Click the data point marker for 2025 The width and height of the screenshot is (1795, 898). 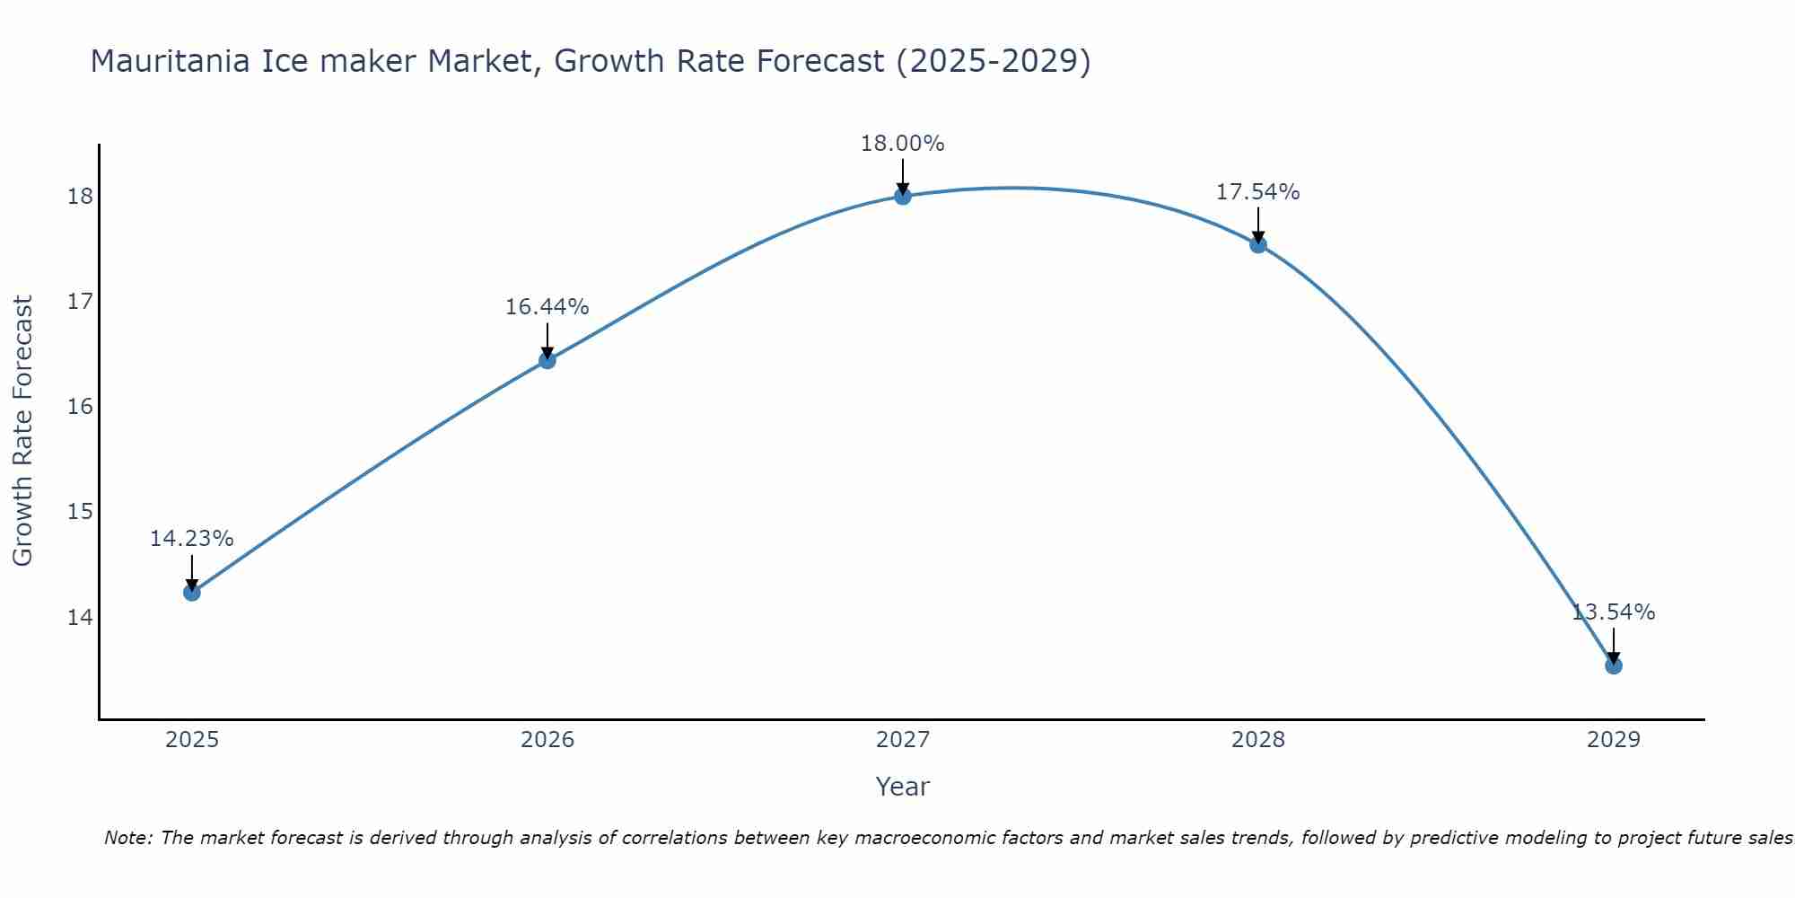191,593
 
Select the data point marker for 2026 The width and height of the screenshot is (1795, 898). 547,360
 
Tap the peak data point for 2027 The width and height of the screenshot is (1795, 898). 902,196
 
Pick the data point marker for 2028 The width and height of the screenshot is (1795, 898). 1258,244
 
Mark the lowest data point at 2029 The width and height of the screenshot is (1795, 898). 1613,665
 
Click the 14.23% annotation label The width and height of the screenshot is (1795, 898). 191,539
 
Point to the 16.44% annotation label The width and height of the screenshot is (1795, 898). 547,307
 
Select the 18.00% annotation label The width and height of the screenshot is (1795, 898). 902,144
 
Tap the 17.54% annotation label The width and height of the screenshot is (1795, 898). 1257,192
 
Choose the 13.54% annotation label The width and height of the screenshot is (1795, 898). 1613,612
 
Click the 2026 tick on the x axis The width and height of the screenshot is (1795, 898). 547,740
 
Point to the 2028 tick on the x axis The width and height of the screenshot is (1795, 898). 1258,740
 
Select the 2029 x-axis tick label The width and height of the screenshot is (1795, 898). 1613,740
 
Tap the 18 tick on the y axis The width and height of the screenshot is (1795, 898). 80,197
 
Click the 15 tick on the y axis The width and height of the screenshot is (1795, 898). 80,512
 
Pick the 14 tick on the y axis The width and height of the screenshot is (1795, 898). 80,617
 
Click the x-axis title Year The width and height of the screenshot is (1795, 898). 902,787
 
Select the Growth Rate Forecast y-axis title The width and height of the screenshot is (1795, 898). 22,431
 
